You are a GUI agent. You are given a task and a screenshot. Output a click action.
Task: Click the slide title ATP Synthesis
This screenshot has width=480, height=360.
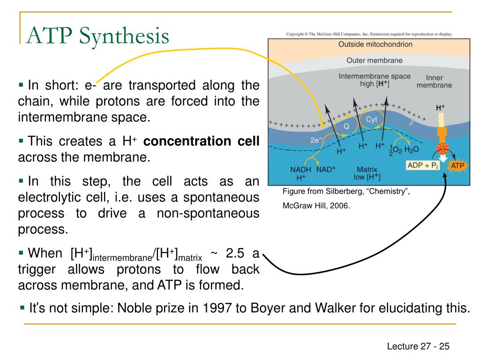(98, 36)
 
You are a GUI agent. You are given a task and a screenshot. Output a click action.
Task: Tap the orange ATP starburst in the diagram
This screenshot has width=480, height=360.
(457, 165)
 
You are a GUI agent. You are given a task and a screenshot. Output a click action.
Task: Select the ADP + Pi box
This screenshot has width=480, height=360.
(422, 165)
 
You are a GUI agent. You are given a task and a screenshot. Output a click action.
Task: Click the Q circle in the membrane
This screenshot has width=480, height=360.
(346, 126)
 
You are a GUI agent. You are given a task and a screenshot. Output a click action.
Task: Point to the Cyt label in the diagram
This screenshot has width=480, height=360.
(371, 120)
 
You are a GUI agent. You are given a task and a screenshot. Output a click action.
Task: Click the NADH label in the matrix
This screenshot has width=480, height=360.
(300, 170)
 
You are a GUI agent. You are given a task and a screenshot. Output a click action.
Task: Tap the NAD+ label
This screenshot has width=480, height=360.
(326, 169)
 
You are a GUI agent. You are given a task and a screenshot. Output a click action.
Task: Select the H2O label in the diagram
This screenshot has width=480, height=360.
(412, 150)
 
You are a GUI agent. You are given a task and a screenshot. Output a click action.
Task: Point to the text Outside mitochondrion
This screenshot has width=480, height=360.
(375, 45)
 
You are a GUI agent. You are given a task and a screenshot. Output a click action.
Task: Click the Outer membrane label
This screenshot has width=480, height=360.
(375, 60)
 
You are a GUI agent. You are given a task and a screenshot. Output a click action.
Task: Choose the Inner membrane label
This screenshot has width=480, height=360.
(434, 82)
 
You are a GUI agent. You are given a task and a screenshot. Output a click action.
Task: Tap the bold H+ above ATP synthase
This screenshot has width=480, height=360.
(440, 108)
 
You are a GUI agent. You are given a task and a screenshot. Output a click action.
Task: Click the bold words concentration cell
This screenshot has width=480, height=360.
(202, 141)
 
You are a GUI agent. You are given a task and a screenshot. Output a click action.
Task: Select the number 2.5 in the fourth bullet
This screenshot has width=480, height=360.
(235, 253)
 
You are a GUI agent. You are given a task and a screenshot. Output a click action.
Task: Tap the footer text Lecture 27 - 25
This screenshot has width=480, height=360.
(418, 346)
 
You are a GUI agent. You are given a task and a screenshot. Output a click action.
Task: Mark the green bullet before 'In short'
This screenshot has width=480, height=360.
(21, 85)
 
